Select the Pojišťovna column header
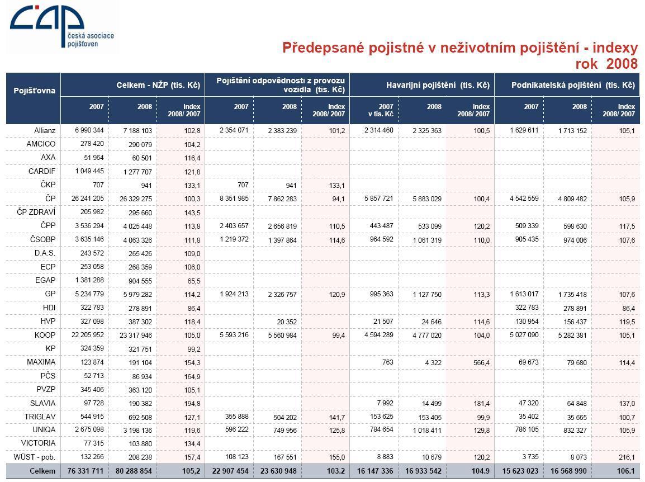35,91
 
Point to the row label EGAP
45,280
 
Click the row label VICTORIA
38,443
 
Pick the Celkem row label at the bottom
42,471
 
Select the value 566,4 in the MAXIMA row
481,363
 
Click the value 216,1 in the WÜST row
627,457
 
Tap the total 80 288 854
134,471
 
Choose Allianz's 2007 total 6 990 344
89,130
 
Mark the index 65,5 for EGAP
193,281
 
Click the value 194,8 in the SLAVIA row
192,404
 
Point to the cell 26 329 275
136,199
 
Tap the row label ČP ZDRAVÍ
36,212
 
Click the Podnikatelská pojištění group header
573,85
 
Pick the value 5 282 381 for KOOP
572,335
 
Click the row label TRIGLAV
40,417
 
